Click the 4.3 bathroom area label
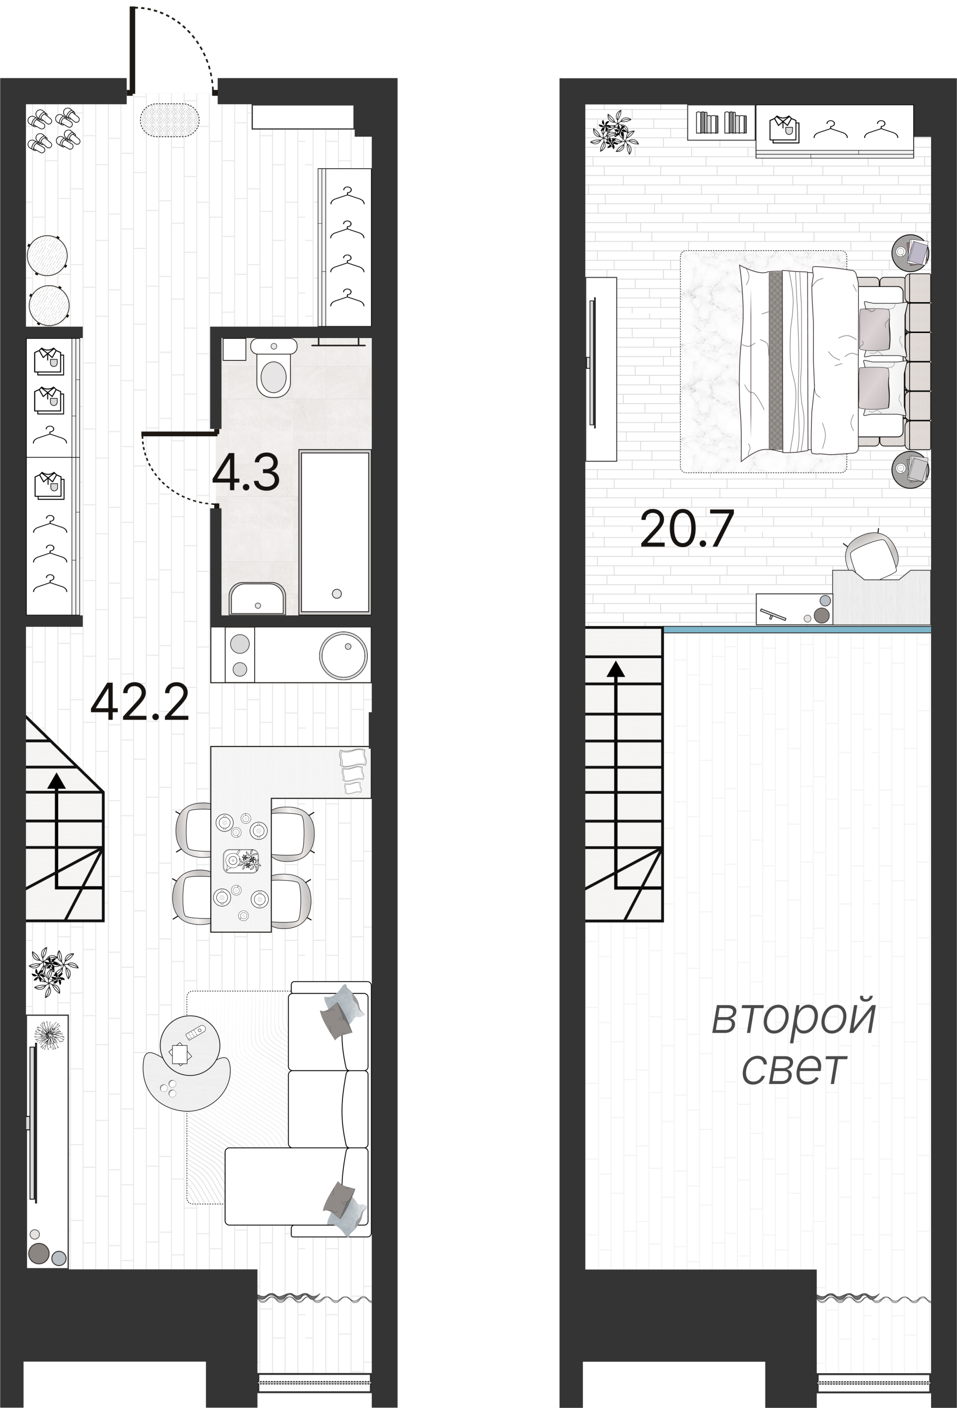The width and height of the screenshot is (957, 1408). click(246, 473)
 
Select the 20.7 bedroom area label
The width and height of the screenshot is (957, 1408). click(687, 529)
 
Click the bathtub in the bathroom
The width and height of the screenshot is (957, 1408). click(334, 532)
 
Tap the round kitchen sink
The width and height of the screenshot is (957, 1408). click(343, 655)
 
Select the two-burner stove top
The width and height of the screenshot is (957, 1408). click(239, 656)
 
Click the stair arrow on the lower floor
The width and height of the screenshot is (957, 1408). click(57, 830)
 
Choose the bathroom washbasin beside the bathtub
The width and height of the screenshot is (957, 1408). click(257, 599)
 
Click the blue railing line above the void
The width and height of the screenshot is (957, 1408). click(797, 630)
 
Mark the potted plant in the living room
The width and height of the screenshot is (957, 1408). click(53, 971)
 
